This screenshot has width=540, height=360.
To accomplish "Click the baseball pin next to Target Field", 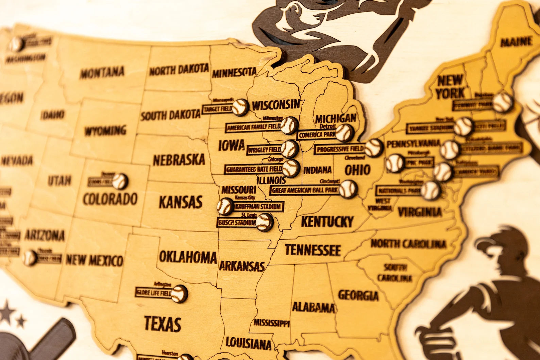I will click(240, 107).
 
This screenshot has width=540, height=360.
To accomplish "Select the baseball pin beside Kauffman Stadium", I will click(225, 206).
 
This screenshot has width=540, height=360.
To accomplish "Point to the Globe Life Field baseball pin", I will click(179, 293).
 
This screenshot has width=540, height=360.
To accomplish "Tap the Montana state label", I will click(102, 72).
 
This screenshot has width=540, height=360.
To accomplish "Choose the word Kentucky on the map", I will click(327, 222).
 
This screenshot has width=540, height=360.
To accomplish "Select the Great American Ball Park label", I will click(305, 190).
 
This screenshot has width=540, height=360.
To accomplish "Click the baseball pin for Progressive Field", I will click(374, 148).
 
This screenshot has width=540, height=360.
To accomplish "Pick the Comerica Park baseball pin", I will click(344, 133).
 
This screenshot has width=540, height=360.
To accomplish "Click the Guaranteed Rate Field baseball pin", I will click(291, 168).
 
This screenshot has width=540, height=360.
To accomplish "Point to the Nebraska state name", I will click(179, 160).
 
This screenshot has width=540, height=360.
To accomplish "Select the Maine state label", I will click(516, 42).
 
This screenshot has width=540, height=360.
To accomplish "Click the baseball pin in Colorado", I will click(120, 181).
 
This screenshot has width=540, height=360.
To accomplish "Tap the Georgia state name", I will click(358, 295).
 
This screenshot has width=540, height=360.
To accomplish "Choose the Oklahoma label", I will click(188, 257).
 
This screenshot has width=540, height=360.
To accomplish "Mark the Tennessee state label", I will click(313, 250).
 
